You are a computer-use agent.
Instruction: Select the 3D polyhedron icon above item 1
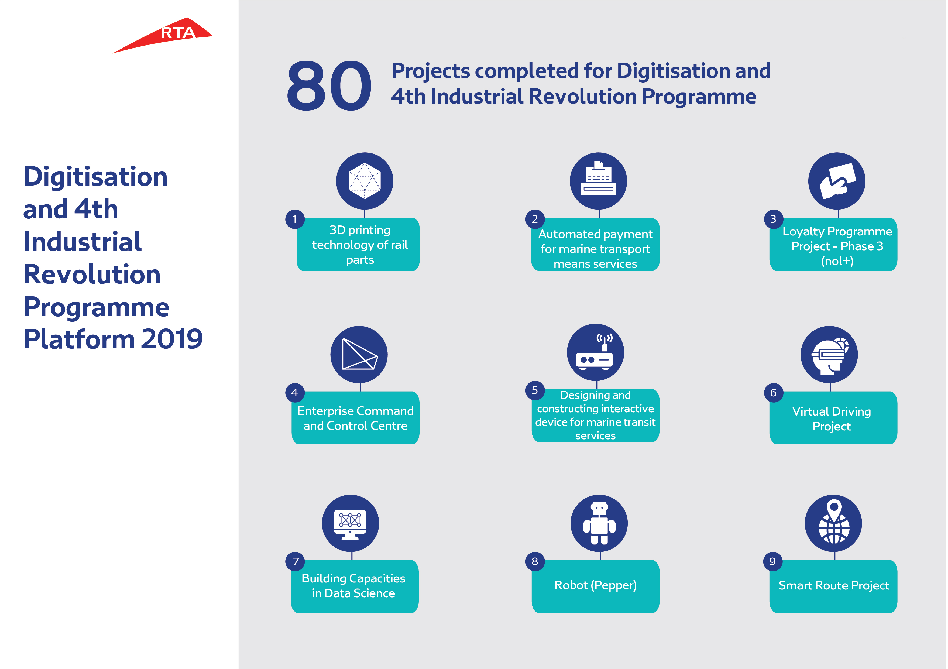[x=365, y=181]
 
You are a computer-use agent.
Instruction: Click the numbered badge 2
[x=535, y=219]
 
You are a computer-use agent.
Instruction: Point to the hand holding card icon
[x=837, y=181]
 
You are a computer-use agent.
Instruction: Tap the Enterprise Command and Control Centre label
[x=355, y=418]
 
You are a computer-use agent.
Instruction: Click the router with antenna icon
[x=595, y=352]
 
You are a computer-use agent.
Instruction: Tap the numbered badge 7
[x=295, y=561]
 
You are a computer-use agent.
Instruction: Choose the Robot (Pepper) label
[x=595, y=585]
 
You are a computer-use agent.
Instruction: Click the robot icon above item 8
[x=599, y=523]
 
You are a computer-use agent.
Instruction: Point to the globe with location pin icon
[x=834, y=523]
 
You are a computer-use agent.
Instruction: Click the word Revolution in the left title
[x=92, y=274]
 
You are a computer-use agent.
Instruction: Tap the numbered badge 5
[x=535, y=390]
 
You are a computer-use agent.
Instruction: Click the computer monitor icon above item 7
[x=350, y=523]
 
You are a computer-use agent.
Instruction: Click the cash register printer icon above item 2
[x=598, y=181]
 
